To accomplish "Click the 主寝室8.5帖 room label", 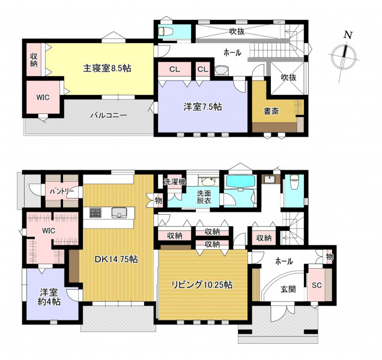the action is pyautogui.click(x=107, y=68).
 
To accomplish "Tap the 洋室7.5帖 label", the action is pyautogui.click(x=202, y=107).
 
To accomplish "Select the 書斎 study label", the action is pyautogui.click(x=271, y=112).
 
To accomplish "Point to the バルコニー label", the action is pyautogui.click(x=109, y=115).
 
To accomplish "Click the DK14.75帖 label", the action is pyautogui.click(x=116, y=259).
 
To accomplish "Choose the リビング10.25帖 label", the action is pyautogui.click(x=202, y=284).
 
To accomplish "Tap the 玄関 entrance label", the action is pyautogui.click(x=288, y=289).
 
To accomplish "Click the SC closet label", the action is pyautogui.click(x=317, y=285).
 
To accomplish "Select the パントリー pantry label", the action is pyautogui.click(x=62, y=191).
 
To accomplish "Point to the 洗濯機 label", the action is pyautogui.click(x=174, y=182).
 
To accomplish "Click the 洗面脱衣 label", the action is pyautogui.click(x=204, y=197).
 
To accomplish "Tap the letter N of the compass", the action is pyautogui.click(x=348, y=35).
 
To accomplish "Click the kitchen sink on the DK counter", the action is pyautogui.click(x=119, y=213).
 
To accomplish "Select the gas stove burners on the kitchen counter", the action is pyautogui.click(x=95, y=212).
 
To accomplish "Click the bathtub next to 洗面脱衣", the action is pyautogui.click(x=240, y=182).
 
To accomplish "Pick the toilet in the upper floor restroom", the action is pyautogui.click(x=165, y=31).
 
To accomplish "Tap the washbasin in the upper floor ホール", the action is pyautogui.click(x=222, y=70).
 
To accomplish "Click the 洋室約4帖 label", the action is pyautogui.click(x=49, y=297).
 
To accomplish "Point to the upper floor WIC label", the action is pyautogui.click(x=43, y=97).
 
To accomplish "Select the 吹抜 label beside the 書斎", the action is pyautogui.click(x=288, y=77).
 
